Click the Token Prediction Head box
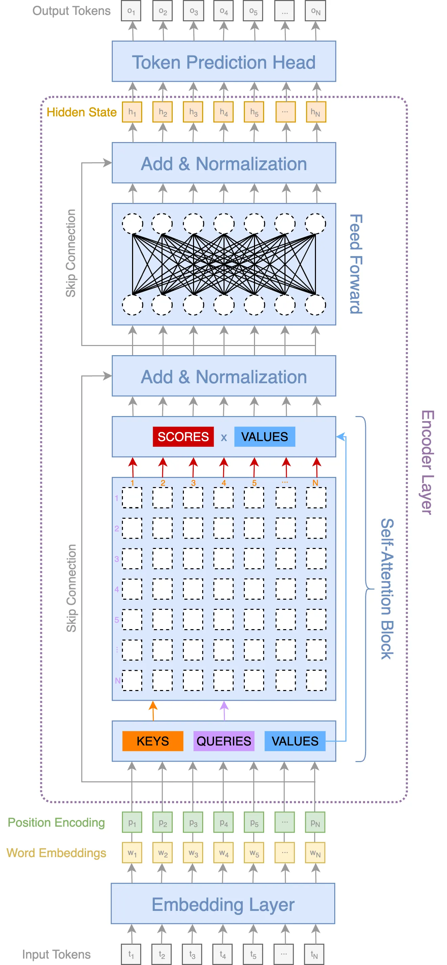coord(223,62)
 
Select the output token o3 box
coord(193,11)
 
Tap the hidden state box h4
coord(223,112)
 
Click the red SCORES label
coord(183,437)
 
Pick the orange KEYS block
coord(153,741)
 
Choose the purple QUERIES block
coord(223,741)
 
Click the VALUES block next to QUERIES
coord(295,741)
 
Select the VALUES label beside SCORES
coord(264,437)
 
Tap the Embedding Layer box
coord(223,904)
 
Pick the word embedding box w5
coord(254,853)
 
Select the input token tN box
coord(314,954)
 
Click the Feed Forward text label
coord(356,264)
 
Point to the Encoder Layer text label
coord(427,462)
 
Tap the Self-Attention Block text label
coord(387,589)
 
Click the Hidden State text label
coord(81,112)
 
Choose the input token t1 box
coord(131,954)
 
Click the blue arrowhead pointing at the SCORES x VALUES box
coord(341,437)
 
